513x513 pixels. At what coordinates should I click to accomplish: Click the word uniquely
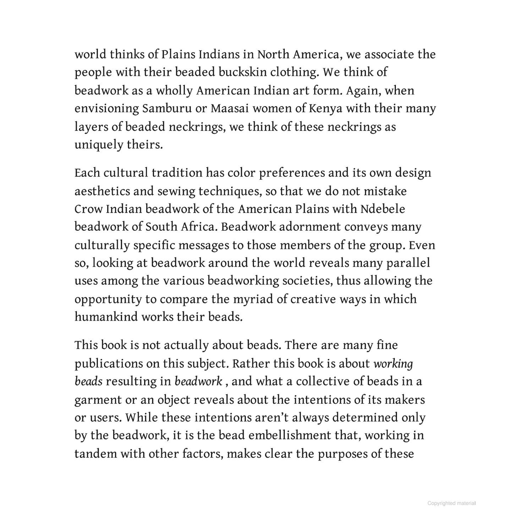click(94, 145)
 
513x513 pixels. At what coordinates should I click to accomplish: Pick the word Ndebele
click(383, 209)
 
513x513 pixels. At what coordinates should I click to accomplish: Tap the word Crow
click(88, 209)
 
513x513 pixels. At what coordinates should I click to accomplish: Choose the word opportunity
click(108, 299)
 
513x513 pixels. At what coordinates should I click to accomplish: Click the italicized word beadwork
click(198, 381)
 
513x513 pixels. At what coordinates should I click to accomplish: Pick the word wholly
click(174, 91)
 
